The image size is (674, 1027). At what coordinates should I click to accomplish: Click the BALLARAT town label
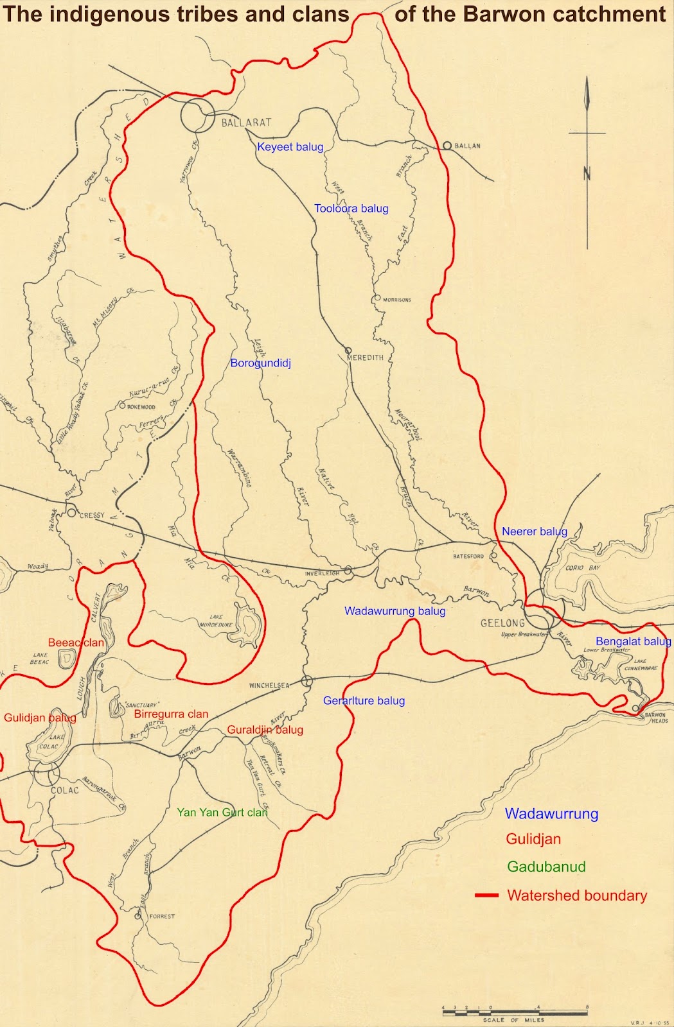click(x=247, y=122)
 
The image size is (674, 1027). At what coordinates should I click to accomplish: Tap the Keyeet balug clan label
click(x=290, y=147)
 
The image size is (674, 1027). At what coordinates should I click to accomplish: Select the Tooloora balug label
click(x=351, y=209)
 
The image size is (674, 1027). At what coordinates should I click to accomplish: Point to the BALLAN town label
click(x=467, y=146)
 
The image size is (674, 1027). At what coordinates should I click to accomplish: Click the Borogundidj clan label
click(x=260, y=363)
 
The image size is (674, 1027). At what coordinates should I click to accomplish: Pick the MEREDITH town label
click(x=365, y=358)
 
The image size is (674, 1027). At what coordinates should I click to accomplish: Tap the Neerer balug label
click(x=535, y=531)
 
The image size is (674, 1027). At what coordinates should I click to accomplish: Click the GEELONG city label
click(x=502, y=623)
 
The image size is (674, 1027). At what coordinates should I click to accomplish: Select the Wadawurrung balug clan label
click(x=395, y=611)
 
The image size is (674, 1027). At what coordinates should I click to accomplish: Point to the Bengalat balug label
click(x=633, y=641)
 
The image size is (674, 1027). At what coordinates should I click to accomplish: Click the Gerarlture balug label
click(x=364, y=700)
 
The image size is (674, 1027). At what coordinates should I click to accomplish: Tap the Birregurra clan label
click(x=171, y=714)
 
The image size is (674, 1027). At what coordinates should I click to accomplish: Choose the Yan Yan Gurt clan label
click(x=222, y=812)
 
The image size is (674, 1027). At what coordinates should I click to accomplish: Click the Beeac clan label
click(x=76, y=643)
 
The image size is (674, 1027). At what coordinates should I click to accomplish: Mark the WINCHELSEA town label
click(x=269, y=686)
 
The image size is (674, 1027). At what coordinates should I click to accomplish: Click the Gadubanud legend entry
click(x=546, y=867)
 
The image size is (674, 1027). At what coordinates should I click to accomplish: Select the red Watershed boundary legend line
click(x=486, y=895)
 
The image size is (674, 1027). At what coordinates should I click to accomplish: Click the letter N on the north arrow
click(x=587, y=173)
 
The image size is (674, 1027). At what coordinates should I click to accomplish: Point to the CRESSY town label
click(x=92, y=515)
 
